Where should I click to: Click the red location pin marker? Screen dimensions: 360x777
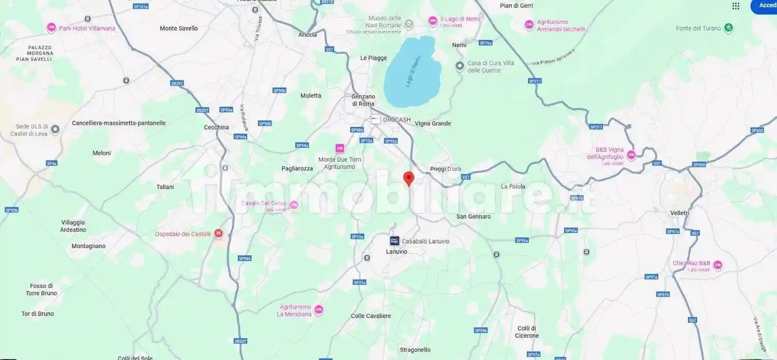point(409,178)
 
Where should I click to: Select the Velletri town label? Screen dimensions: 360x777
point(680,213)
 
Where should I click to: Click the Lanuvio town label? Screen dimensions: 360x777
point(397,252)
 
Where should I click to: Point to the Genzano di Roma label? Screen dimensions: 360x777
point(363,100)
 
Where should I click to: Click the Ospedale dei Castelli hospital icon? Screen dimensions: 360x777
point(219,234)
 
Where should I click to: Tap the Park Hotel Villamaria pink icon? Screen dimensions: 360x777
point(51,28)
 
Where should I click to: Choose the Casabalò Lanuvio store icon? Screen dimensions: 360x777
point(394,241)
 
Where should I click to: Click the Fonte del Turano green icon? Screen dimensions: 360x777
point(729,28)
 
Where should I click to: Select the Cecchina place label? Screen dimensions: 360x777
point(216,127)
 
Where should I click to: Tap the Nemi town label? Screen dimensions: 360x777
point(459,45)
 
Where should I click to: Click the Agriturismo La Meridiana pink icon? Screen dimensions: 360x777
point(319,310)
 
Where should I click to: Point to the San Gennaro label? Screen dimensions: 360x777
point(473,217)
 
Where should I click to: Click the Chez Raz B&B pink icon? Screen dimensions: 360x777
point(717,265)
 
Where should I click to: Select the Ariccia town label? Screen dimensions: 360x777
point(307,35)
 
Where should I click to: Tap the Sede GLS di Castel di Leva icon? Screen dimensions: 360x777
point(55,129)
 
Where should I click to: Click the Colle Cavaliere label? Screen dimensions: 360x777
point(371,316)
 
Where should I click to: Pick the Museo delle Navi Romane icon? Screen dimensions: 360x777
point(409,23)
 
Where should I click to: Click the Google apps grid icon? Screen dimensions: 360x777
point(736,6)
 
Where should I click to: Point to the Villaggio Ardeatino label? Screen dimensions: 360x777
point(73,226)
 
